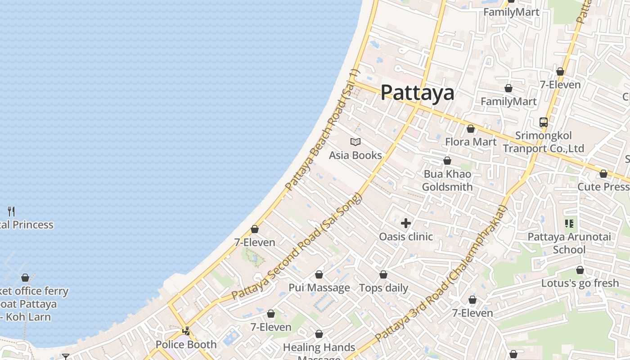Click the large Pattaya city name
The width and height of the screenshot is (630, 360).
[x=417, y=93]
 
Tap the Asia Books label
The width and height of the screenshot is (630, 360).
[x=355, y=156]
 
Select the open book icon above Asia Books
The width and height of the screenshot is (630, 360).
[x=355, y=142]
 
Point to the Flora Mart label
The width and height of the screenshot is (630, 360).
[x=471, y=142]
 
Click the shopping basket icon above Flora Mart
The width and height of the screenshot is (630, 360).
[x=471, y=129]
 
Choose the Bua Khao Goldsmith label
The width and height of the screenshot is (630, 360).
[x=447, y=180]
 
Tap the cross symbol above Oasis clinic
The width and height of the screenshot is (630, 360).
[x=406, y=223]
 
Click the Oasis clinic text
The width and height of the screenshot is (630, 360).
[x=406, y=237]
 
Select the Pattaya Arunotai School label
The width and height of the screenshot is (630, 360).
[x=569, y=243]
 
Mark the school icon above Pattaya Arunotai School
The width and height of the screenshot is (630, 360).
[x=569, y=224]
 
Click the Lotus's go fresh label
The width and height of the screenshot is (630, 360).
[x=580, y=283]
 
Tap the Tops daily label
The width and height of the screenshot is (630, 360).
[x=383, y=288]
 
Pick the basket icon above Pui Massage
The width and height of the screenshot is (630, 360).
[x=319, y=274]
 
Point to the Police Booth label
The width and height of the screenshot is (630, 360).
[x=186, y=345]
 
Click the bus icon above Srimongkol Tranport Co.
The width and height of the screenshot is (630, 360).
[x=544, y=122]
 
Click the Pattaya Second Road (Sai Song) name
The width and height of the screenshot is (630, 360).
[x=297, y=247]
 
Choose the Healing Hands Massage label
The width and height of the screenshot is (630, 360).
[x=319, y=348]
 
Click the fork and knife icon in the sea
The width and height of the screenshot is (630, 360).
[x=12, y=211]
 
